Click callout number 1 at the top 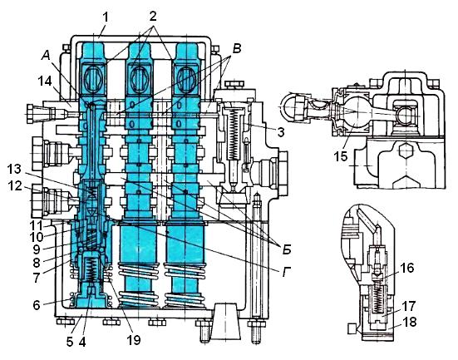(x=106, y=17)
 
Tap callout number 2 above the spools (x=152, y=17)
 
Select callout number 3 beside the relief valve (x=281, y=132)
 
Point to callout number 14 (x=45, y=81)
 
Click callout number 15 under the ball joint (x=341, y=156)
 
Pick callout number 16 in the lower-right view (x=407, y=268)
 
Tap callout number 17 (x=408, y=306)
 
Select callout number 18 (x=410, y=322)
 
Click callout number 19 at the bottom (x=134, y=340)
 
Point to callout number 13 (x=14, y=169)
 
